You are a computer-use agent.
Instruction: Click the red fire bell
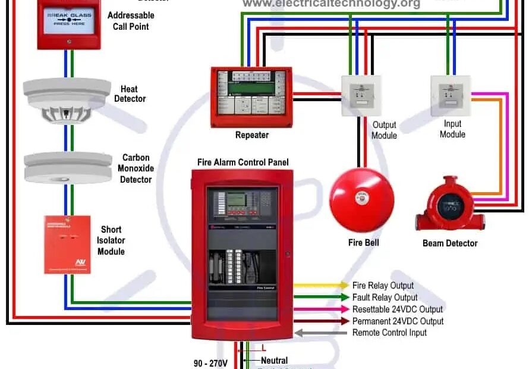point(361,199)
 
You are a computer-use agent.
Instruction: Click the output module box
point(361,95)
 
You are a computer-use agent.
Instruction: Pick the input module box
point(451,95)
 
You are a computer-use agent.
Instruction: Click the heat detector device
point(67,100)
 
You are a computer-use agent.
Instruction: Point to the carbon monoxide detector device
point(68,167)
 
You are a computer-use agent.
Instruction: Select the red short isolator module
point(67,245)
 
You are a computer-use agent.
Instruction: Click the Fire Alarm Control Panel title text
point(243,162)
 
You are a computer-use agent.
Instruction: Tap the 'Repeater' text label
point(252,135)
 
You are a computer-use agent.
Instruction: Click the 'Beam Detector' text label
point(450,243)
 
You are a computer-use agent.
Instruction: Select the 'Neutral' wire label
point(274,360)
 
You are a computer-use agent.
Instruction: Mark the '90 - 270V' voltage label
point(210,362)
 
